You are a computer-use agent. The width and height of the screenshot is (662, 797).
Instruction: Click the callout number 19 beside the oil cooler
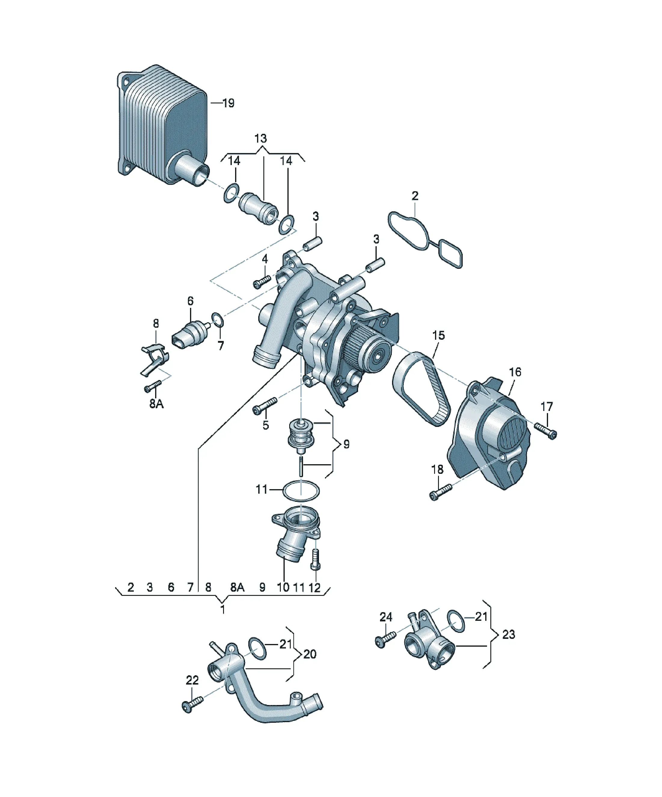point(228,103)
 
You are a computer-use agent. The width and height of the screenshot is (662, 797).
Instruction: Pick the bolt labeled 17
point(545,431)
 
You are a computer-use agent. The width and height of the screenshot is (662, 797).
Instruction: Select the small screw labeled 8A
point(153,386)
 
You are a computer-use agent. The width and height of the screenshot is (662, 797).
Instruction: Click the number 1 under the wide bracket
point(223,609)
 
